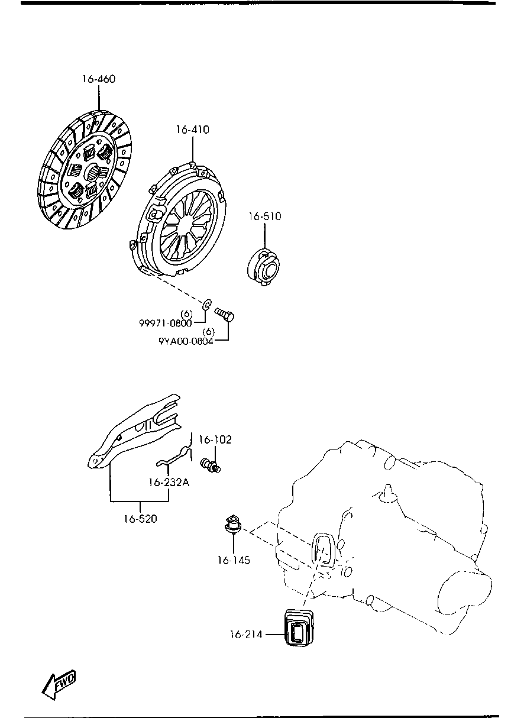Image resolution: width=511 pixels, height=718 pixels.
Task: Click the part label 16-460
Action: (99, 79)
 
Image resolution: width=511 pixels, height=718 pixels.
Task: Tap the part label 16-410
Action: (192, 130)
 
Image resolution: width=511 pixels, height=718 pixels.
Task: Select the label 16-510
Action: (264, 216)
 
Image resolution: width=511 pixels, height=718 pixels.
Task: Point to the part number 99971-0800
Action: (166, 323)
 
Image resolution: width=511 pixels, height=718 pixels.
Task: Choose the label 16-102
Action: (215, 439)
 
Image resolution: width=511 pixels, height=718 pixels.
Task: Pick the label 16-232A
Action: (169, 482)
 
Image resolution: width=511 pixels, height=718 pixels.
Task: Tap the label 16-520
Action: (140, 519)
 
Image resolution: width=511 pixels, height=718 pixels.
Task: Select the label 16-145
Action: (234, 559)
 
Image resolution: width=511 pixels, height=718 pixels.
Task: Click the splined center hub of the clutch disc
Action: (94, 173)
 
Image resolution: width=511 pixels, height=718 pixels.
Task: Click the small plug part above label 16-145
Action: (232, 524)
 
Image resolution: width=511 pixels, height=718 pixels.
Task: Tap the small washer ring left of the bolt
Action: (207, 305)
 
